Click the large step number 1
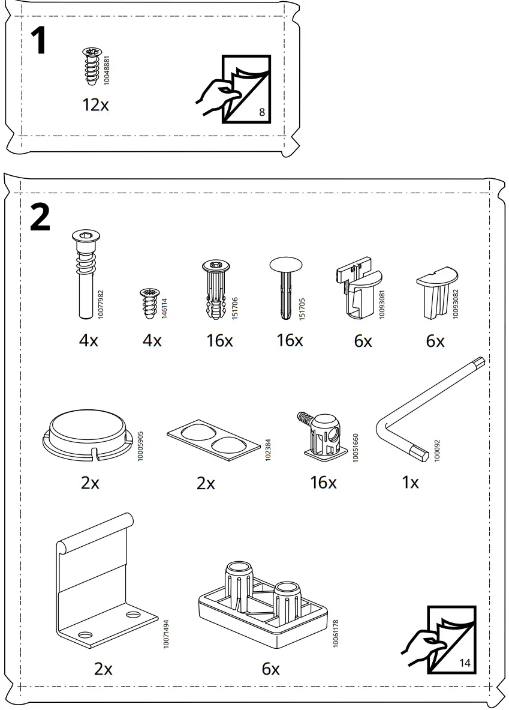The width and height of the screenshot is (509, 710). coord(38,41)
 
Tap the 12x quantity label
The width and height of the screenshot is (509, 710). coord(95,105)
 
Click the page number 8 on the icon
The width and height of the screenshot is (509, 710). coord(262,112)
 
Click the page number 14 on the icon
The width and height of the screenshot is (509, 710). coord(465,663)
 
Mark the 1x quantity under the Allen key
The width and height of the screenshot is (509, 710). coord(410,482)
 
